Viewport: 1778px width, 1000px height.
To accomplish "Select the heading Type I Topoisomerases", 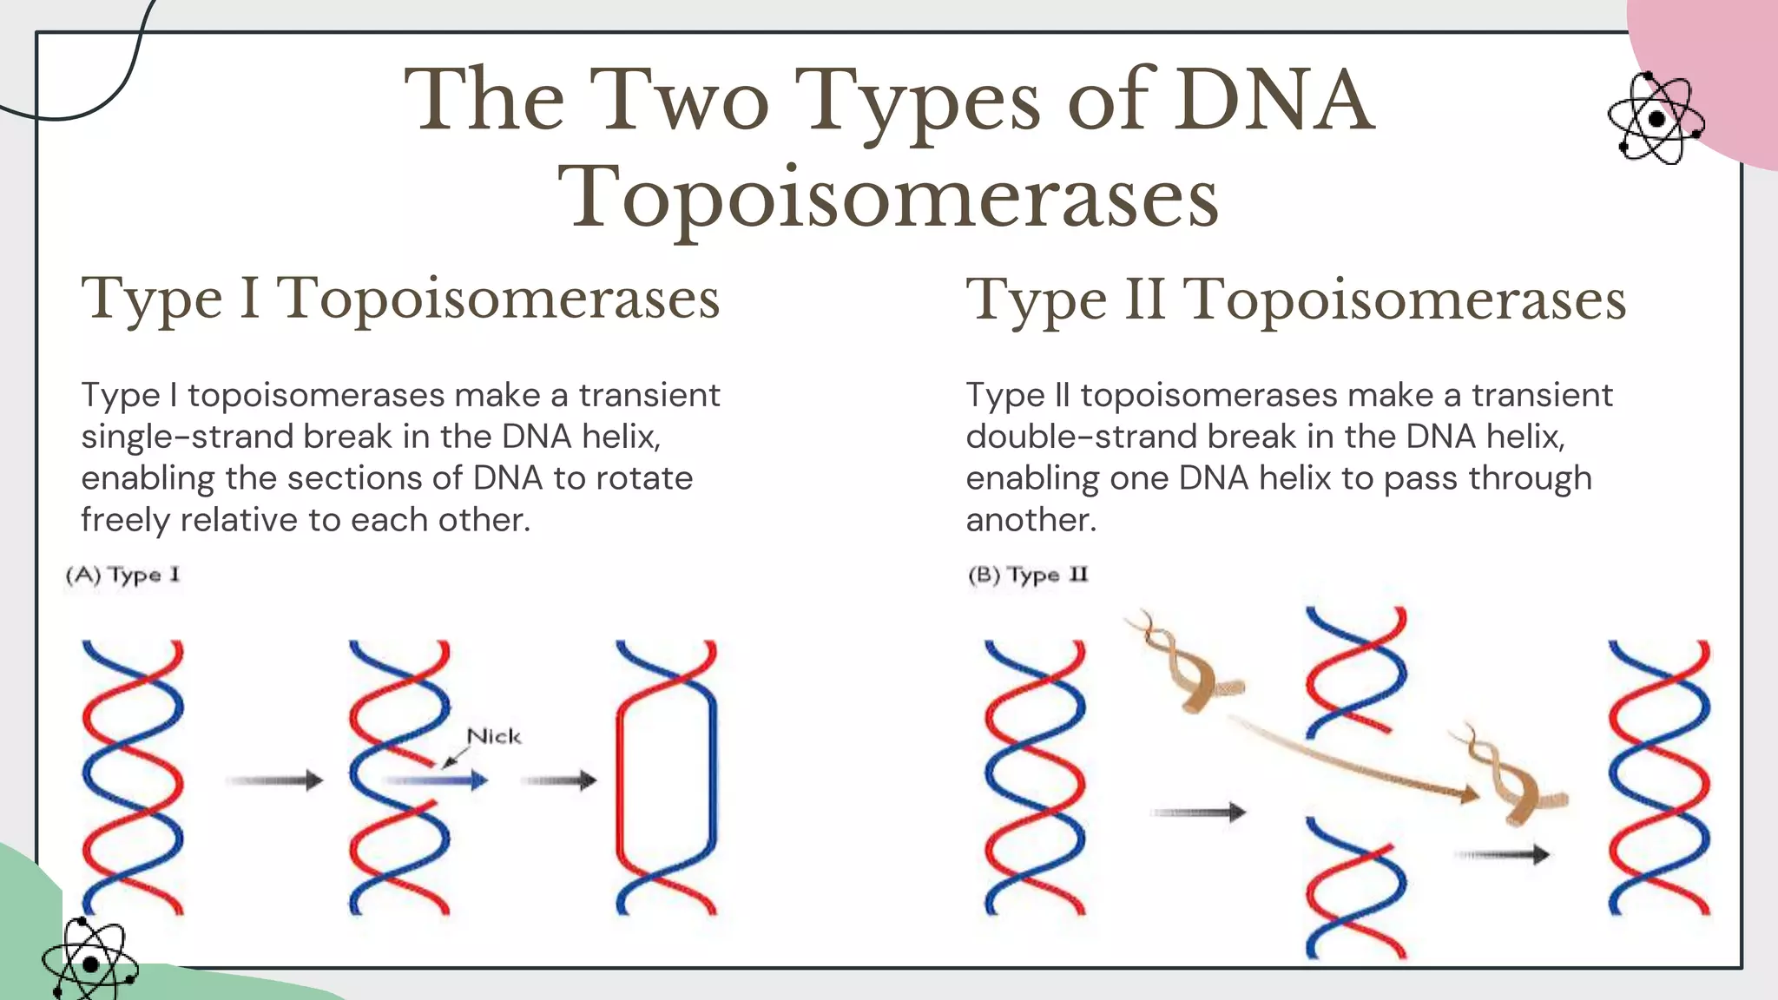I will tap(400, 298).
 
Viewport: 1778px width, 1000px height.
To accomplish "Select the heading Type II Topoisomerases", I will tap(1295, 299).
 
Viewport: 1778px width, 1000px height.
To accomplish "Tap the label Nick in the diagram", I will tap(493, 736).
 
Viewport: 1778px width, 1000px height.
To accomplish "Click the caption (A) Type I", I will tap(122, 575).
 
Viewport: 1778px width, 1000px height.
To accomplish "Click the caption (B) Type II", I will tap(1027, 575).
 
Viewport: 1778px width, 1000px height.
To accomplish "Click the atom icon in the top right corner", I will tap(1656, 119).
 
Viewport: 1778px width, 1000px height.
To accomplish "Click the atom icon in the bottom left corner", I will tap(89, 962).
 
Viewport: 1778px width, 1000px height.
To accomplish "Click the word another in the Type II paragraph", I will tap(1031, 520).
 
